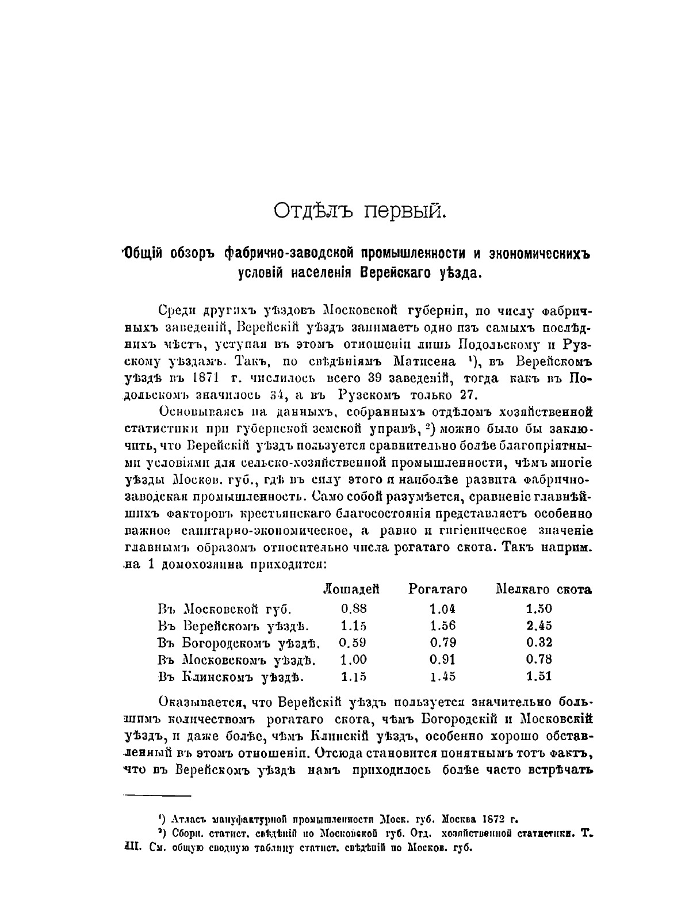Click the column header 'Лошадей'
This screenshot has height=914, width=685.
(351, 589)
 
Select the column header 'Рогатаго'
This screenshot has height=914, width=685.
(438, 589)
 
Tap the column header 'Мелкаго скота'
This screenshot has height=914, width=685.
(544, 589)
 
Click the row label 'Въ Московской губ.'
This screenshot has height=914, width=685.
(225, 608)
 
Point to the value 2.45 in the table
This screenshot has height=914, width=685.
(539, 626)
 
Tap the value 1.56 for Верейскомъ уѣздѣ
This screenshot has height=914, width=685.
(442, 626)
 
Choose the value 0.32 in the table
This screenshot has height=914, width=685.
(539, 642)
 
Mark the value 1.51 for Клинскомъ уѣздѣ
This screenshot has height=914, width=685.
(539, 676)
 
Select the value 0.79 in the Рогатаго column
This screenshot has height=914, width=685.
(442, 642)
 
